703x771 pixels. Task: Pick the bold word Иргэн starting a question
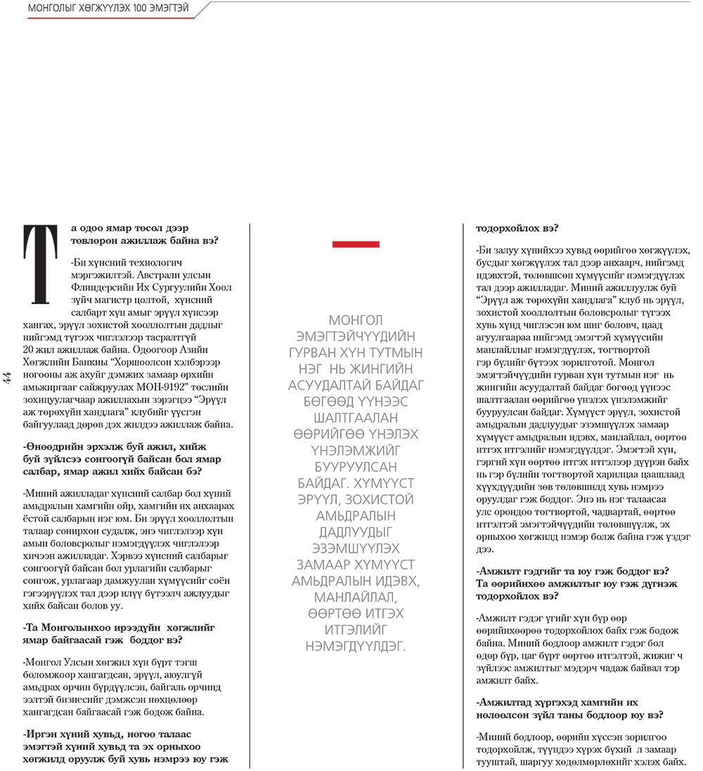(x=39, y=734)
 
